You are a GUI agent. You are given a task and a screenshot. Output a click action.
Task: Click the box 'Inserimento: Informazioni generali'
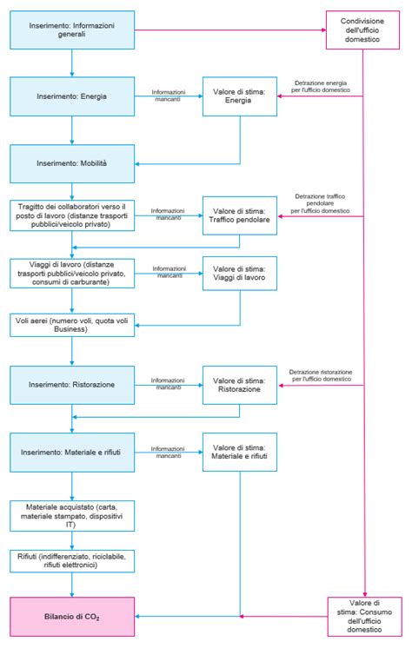[x=73, y=30]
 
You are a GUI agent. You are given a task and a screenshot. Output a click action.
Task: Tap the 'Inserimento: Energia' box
[x=73, y=96]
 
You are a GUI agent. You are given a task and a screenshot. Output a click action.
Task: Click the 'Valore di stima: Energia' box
[x=239, y=96]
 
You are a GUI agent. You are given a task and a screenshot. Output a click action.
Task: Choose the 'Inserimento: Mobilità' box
[x=73, y=162]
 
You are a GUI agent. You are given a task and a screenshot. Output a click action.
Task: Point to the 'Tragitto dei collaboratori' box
[x=73, y=215]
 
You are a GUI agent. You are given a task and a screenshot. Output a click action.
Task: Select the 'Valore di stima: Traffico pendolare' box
[x=239, y=215]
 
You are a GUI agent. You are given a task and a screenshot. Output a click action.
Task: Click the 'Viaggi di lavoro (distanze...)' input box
[x=73, y=273]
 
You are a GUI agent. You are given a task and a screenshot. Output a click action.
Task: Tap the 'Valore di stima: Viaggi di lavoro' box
[x=239, y=273]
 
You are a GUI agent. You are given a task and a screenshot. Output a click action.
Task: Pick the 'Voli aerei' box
[x=73, y=325]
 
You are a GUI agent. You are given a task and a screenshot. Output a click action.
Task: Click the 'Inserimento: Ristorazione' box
[x=73, y=384]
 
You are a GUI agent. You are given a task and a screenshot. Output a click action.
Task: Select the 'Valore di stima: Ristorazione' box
[x=239, y=384]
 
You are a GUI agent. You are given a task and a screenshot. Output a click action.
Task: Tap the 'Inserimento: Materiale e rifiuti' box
[x=73, y=451]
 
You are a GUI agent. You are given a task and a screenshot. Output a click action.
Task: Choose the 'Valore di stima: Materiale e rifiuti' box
[x=239, y=451]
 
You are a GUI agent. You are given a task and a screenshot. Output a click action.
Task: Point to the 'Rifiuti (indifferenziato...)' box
[x=73, y=560]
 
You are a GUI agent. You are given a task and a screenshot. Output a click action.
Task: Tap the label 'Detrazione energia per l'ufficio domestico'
[x=321, y=86]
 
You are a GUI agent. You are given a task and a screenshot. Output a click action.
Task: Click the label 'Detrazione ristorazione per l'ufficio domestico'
[x=321, y=374]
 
